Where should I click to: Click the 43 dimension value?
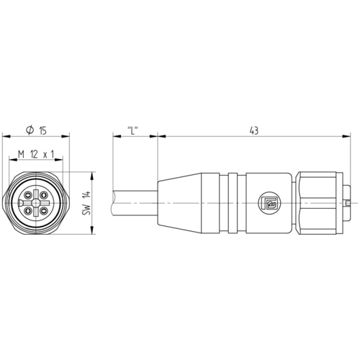[253, 131]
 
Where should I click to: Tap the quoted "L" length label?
[132, 130]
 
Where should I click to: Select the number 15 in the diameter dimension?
[42, 131]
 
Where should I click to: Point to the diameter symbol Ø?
[30, 130]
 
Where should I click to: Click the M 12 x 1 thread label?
[36, 154]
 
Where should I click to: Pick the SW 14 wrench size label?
[86, 203]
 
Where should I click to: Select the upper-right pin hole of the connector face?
[42, 195]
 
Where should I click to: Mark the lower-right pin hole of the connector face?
[42, 211]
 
